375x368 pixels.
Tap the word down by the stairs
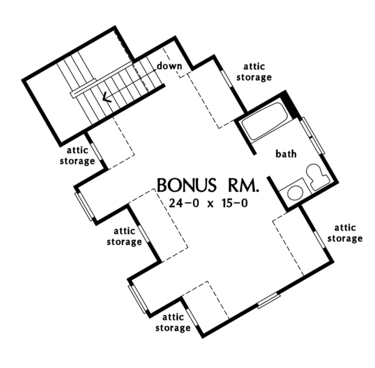click(169, 66)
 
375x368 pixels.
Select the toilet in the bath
click(314, 176)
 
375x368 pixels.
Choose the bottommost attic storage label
click(173, 323)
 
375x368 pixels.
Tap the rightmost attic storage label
click(346, 233)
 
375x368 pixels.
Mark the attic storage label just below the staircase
click(78, 156)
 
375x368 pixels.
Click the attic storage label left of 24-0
click(124, 237)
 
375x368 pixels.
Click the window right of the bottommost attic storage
click(268, 301)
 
